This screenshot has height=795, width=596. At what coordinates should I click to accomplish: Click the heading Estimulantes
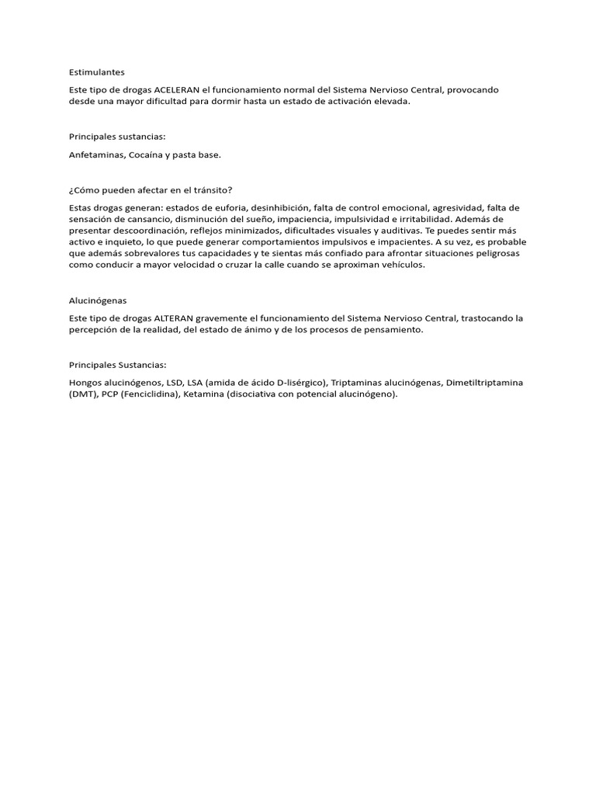click(x=96, y=71)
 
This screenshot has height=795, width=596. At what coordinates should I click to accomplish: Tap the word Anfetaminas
click(x=95, y=155)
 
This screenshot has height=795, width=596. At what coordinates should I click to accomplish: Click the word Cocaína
click(x=147, y=155)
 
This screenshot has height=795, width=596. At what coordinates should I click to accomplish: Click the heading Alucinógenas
click(x=98, y=300)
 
